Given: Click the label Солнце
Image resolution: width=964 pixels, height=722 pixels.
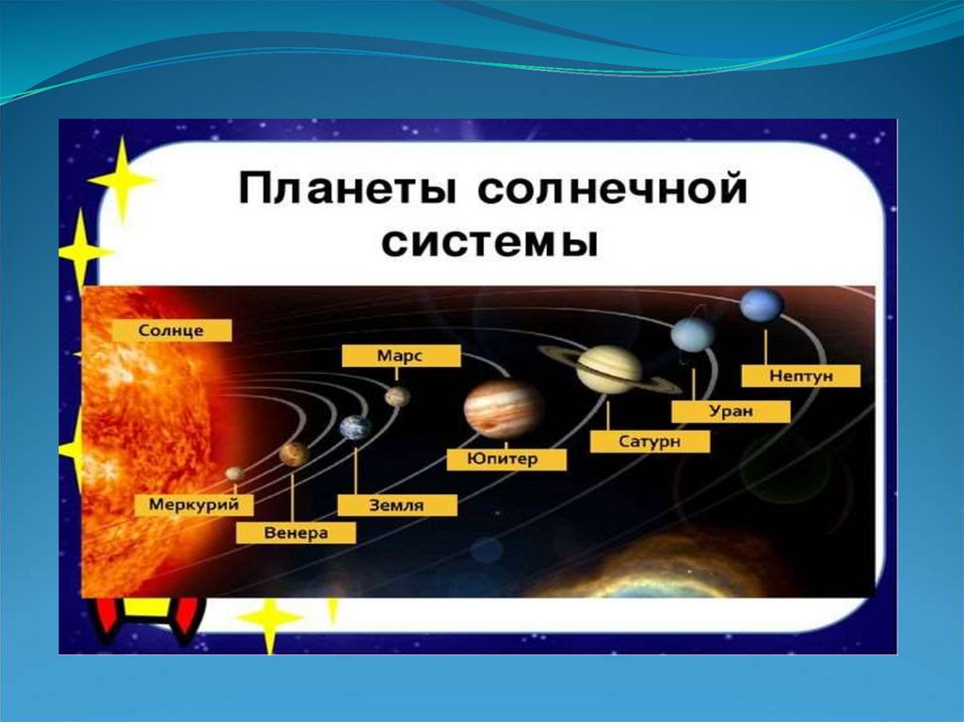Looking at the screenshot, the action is [171, 330].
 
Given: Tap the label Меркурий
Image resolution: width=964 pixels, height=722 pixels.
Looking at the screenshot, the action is [194, 505].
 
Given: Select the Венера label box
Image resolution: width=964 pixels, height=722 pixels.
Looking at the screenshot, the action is [296, 533].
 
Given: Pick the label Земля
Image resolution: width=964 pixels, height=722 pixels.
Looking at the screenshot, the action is [397, 505].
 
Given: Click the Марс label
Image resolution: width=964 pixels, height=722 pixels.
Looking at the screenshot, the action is [401, 356].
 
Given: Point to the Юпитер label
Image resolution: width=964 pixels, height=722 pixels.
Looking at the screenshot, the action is [506, 459].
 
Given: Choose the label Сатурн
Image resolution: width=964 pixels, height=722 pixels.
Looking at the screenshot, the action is [650, 441].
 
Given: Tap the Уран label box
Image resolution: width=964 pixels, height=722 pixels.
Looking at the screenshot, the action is [731, 411].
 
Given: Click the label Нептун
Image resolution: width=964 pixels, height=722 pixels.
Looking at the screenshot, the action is [801, 376].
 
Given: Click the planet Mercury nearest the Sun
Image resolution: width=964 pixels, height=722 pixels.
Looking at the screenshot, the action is [234, 473].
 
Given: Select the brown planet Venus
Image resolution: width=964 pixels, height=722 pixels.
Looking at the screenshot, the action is [294, 454].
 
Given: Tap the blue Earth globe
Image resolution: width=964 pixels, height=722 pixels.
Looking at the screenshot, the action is [356, 427].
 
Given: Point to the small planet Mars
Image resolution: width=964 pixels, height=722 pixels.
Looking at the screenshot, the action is [397, 396].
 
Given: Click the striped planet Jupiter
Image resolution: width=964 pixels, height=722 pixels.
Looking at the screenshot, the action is [505, 409].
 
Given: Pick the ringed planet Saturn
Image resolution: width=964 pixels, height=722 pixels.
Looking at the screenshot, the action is [609, 369].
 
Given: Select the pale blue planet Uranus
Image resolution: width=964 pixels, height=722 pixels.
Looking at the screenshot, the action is [693, 335].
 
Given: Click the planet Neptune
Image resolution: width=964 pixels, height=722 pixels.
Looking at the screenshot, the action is [763, 305].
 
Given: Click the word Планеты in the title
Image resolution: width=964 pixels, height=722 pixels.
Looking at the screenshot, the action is [347, 188].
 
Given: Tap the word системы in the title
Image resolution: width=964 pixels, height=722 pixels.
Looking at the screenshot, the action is [490, 243].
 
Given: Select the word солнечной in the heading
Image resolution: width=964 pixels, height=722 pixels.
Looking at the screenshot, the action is [612, 188].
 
